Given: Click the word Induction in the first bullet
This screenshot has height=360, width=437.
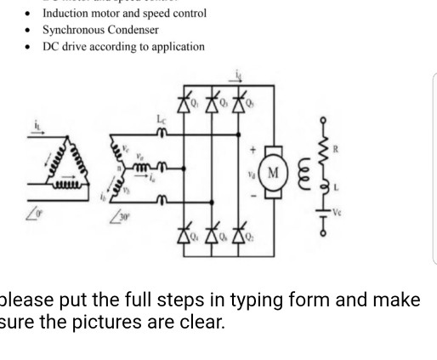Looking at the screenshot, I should (x=67, y=13).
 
